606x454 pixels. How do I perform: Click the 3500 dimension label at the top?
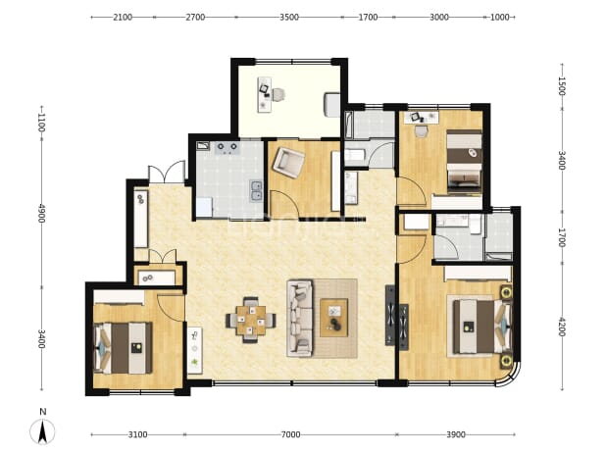coord(289,17)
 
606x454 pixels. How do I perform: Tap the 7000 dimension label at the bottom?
coord(290,434)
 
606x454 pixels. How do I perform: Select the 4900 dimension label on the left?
coord(42,213)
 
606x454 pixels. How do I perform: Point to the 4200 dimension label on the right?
coord(562,327)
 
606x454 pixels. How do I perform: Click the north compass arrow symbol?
coord(42,432)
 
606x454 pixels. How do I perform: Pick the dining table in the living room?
coord(251,320)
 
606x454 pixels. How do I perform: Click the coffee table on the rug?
coord(334,318)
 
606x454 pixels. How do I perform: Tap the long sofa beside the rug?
coord(299,319)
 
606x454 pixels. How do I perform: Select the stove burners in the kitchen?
coord(227,148)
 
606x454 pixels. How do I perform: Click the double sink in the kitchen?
coord(256,191)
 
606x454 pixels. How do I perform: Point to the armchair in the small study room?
coord(288,162)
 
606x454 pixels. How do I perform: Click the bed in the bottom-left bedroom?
coord(123,348)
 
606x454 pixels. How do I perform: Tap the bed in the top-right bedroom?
coord(464,161)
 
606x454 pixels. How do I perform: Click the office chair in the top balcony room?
coord(278,94)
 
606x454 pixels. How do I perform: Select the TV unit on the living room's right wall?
coord(390,316)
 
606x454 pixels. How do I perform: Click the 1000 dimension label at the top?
coord(499,17)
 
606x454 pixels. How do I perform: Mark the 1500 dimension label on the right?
coord(562,86)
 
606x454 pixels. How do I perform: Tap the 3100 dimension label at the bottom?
coord(137,434)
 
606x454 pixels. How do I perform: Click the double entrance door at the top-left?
coord(167,173)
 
